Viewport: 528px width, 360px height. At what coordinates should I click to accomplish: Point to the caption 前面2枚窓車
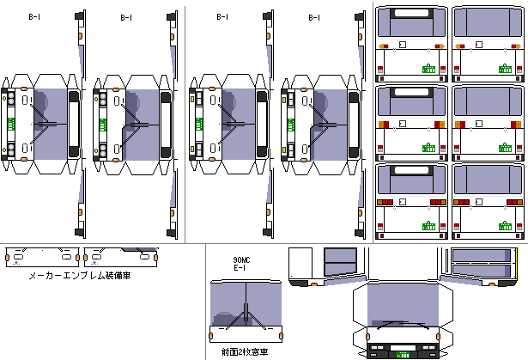tap(245, 352)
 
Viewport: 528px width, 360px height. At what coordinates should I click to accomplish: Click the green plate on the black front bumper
tap(401, 351)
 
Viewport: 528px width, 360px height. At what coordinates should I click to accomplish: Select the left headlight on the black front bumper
tap(375, 351)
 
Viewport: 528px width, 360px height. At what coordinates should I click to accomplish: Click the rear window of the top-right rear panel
tap(486, 30)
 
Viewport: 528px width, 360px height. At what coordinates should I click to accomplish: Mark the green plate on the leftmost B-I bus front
tap(12, 123)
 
